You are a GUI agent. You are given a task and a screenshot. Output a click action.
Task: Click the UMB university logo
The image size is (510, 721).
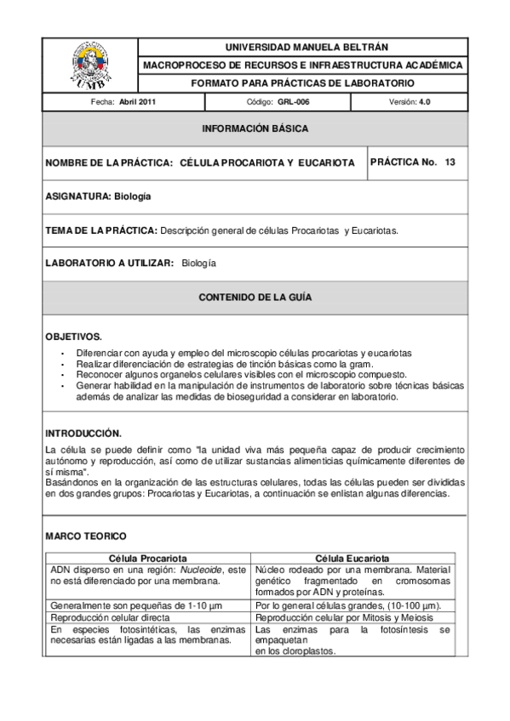[x=89, y=65]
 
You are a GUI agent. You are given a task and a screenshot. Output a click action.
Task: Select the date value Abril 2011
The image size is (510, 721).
[x=137, y=102]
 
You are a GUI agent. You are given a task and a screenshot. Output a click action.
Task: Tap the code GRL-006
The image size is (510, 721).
[x=292, y=102]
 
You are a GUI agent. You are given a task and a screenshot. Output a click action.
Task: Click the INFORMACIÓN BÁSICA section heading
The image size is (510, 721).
[x=255, y=129]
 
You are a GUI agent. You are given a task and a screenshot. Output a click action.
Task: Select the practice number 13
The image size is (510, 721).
[x=450, y=162]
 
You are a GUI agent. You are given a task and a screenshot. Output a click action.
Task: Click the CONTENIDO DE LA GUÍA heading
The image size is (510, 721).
[x=255, y=298]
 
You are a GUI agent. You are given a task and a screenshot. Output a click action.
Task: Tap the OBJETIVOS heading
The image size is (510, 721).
[x=74, y=337]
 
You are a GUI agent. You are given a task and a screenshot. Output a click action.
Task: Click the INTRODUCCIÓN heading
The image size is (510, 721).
[x=83, y=433]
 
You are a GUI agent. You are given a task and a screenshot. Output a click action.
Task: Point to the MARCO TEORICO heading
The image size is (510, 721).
[x=86, y=536]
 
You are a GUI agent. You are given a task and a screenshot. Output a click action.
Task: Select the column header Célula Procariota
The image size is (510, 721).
[x=147, y=558]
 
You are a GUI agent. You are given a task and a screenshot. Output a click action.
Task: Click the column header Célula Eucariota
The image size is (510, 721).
[x=352, y=558]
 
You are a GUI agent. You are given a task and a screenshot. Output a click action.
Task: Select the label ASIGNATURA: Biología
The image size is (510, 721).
[x=98, y=196]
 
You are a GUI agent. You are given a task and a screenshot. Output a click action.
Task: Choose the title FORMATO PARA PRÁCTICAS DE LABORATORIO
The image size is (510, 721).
[x=302, y=83]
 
